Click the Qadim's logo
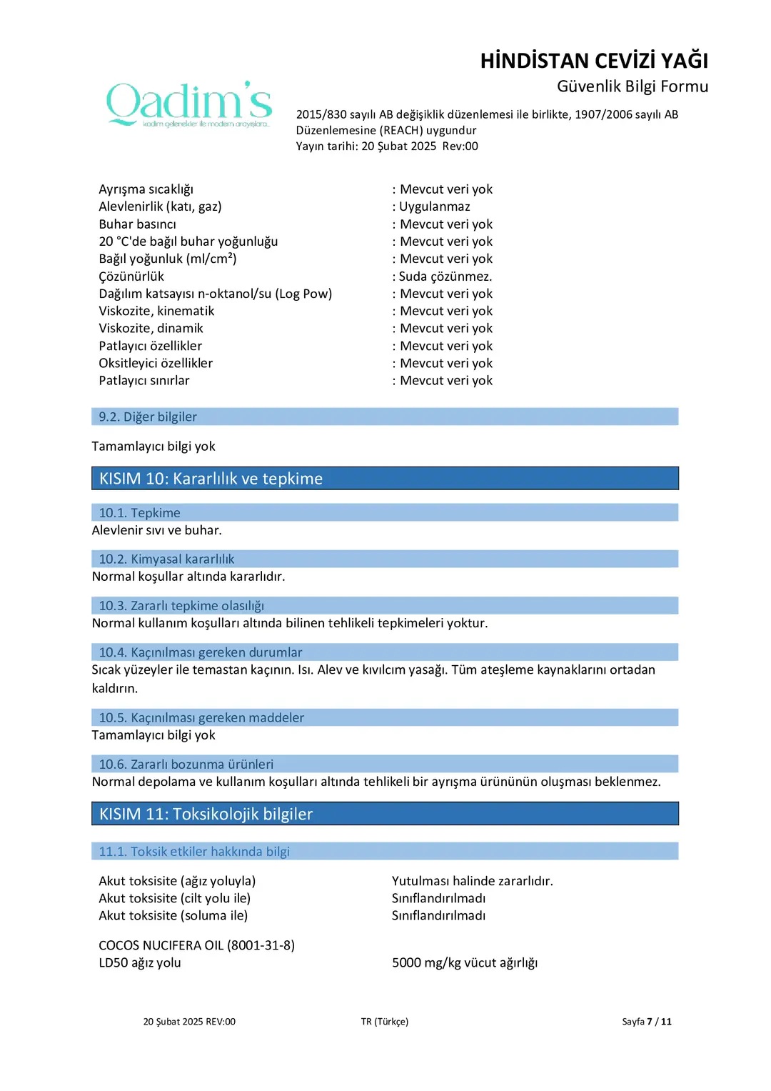click(189, 104)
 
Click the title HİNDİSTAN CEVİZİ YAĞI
click(594, 61)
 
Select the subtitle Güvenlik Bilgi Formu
click(633, 86)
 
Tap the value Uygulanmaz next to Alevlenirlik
click(434, 206)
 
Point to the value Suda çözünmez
click(445, 277)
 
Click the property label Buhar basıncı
click(137, 224)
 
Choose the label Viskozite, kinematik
click(156, 311)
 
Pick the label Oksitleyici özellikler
click(156, 363)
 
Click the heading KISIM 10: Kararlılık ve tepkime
click(211, 479)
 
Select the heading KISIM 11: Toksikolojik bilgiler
click(206, 814)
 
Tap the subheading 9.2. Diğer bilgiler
click(148, 417)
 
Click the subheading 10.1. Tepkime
click(139, 513)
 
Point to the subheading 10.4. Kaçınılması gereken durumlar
click(200, 652)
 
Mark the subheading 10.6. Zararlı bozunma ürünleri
click(186, 764)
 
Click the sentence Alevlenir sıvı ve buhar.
click(156, 530)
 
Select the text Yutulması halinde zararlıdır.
click(472, 881)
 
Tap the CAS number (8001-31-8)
click(261, 945)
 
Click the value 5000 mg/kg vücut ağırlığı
click(464, 962)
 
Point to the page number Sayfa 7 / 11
click(646, 1022)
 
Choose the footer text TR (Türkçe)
click(384, 1022)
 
